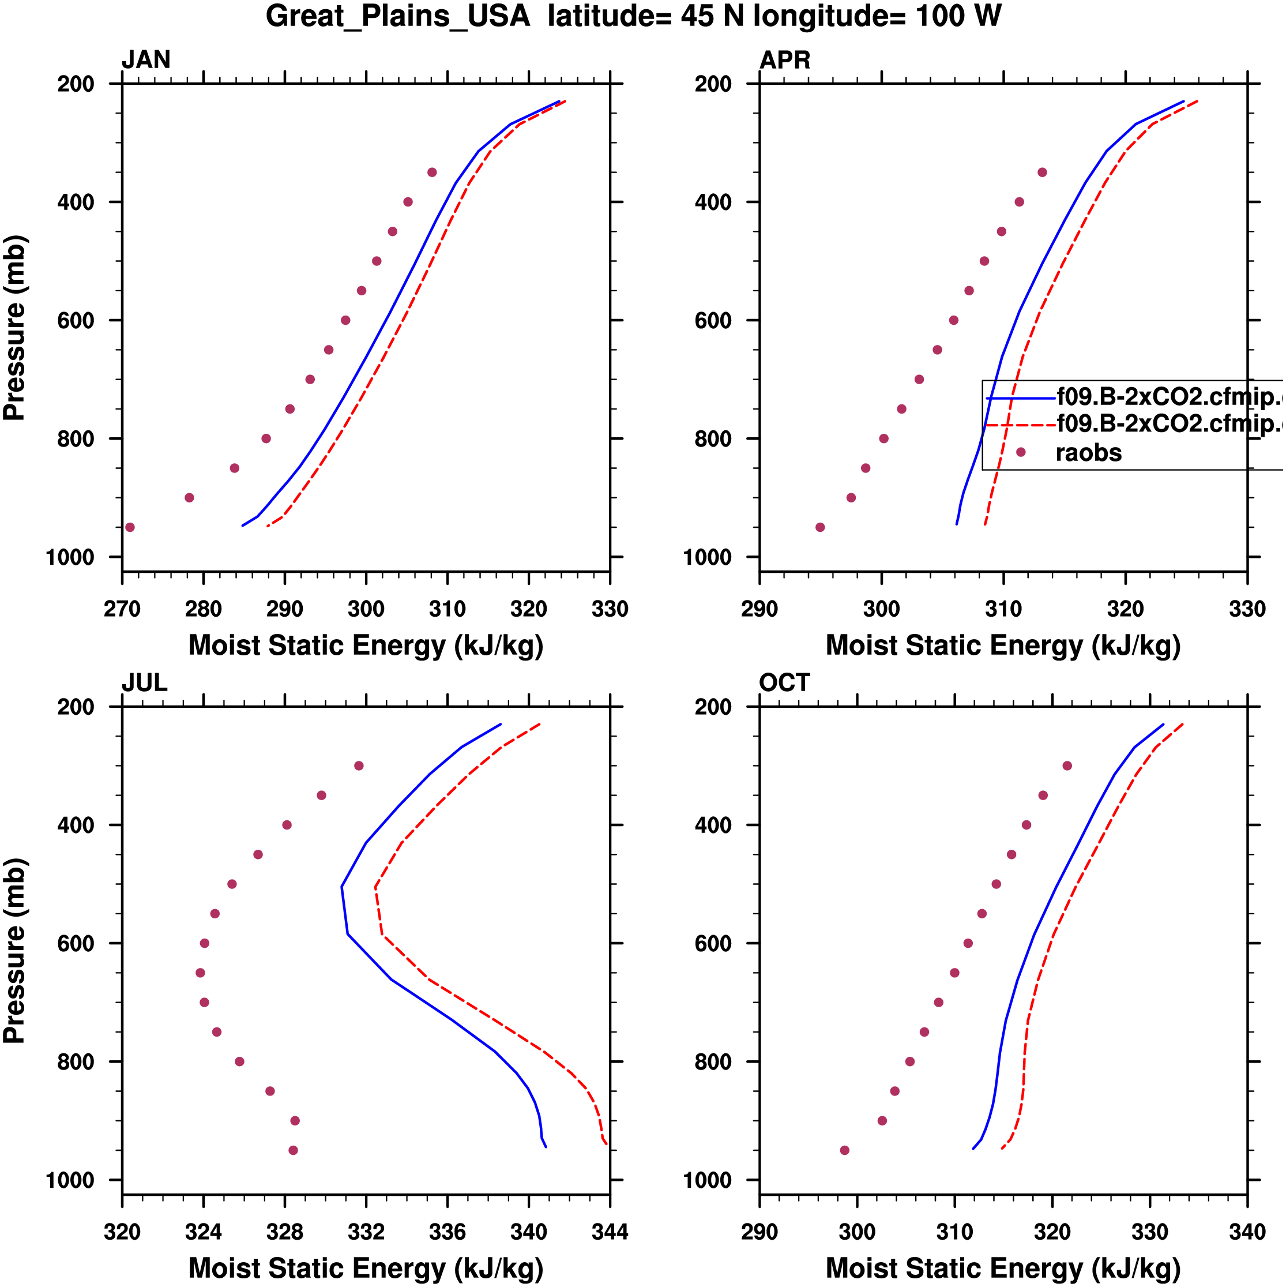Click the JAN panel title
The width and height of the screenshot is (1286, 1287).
(x=146, y=60)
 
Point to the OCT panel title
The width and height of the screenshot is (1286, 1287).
(x=784, y=683)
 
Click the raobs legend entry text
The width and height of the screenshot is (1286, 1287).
(x=1088, y=453)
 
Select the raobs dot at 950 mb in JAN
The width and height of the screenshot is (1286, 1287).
(x=130, y=528)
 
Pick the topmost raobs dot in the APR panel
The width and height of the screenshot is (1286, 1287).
(x=1042, y=172)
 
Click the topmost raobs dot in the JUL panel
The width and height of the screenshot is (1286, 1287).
(x=359, y=766)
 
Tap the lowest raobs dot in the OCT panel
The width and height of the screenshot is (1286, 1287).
(x=844, y=1150)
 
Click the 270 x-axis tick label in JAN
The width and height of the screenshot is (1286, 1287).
(x=122, y=609)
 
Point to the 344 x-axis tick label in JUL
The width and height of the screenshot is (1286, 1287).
(x=610, y=1232)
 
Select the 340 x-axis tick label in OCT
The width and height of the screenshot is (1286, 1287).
(x=1247, y=1232)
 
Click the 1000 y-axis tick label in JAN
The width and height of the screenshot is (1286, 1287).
(x=70, y=558)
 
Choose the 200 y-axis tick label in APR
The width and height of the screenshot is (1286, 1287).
(x=713, y=85)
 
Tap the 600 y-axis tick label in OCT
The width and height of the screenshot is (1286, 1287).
(x=713, y=944)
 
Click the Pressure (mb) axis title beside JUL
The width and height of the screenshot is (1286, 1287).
(x=14, y=951)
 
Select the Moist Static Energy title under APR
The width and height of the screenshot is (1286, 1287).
(x=1003, y=646)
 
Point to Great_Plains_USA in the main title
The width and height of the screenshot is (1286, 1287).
(x=397, y=16)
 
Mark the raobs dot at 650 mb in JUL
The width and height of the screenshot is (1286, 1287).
(x=201, y=973)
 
